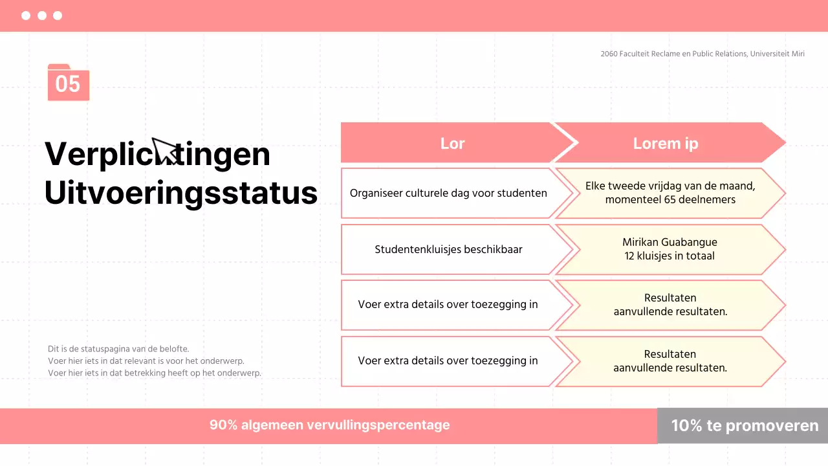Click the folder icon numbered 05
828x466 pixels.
click(x=68, y=83)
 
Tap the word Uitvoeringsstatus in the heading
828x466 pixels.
click(x=180, y=192)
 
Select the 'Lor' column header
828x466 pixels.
click(x=452, y=143)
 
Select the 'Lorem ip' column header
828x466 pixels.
click(x=666, y=143)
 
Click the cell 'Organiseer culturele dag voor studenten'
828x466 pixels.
click(x=448, y=193)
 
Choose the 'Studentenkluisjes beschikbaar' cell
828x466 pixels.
click(x=448, y=249)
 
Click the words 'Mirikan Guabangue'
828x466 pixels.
click(x=670, y=242)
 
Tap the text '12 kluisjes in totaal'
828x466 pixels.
click(x=670, y=256)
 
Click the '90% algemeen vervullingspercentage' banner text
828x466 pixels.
click(x=329, y=425)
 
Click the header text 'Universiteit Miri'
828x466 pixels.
click(x=778, y=54)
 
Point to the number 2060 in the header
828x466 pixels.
click(x=609, y=54)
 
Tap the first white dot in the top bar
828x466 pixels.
click(x=26, y=16)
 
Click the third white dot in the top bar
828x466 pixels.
click(x=58, y=16)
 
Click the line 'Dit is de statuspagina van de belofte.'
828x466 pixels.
click(x=118, y=348)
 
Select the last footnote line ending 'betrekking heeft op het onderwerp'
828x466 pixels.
click(x=154, y=373)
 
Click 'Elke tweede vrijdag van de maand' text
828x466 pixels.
click(x=670, y=186)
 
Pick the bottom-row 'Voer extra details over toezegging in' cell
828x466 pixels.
click(x=448, y=361)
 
